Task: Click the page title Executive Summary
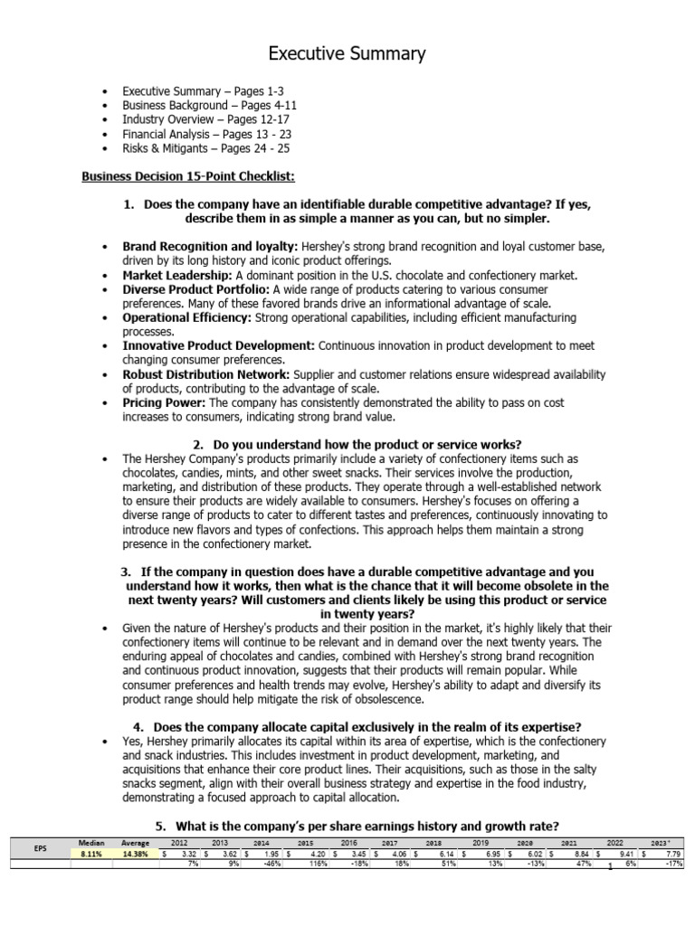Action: pyautogui.click(x=347, y=54)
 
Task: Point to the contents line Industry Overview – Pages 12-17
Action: pyautogui.click(x=206, y=119)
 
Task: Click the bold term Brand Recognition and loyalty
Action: pyautogui.click(x=210, y=246)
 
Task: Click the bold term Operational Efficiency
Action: pyautogui.click(x=186, y=318)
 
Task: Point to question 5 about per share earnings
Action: pyautogui.click(x=357, y=827)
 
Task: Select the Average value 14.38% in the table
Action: pyautogui.click(x=136, y=853)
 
